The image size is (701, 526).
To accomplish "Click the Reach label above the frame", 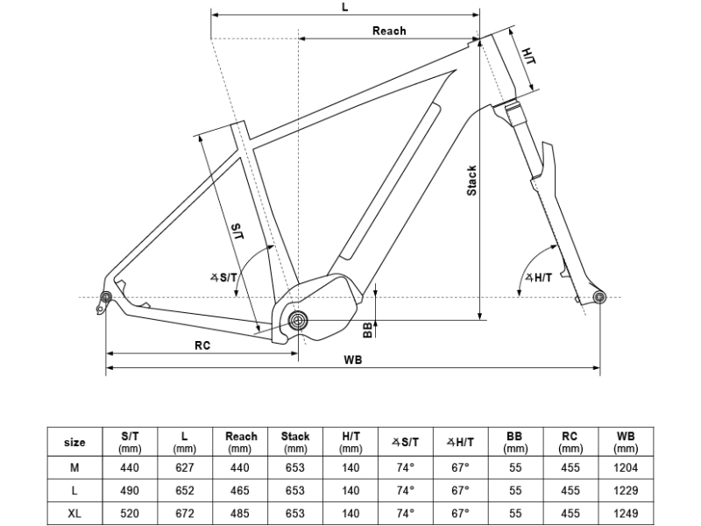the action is coord(389,31).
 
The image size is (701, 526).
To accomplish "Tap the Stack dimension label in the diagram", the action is coord(471,181).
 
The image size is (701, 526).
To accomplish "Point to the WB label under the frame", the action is coord(353,359).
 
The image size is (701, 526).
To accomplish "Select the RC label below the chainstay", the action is coord(202,345).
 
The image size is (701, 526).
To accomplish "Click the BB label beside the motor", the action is coord(367,331).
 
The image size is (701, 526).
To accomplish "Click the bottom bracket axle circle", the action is coord(298,320).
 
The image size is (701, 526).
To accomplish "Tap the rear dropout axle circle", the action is coord(106,297).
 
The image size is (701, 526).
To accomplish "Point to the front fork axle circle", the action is coord(599,297).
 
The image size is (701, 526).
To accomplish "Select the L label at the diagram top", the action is coord(344,8).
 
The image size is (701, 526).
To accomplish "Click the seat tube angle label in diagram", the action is coord(223,278).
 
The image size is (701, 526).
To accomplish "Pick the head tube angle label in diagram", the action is coord(539,278).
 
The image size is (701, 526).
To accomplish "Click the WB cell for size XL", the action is coord(626,514).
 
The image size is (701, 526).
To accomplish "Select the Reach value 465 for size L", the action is coord(239,491).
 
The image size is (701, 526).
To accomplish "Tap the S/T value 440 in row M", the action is coord(130,468).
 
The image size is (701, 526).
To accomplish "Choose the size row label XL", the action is coord(74,514).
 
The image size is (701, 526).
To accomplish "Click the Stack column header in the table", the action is coord(295,442).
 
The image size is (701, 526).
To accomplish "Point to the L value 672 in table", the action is coord(185,514).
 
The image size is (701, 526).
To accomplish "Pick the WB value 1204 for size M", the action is coord(626,468).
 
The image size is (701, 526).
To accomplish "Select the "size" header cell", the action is coord(74,442).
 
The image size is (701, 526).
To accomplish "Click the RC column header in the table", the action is coord(570,442).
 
